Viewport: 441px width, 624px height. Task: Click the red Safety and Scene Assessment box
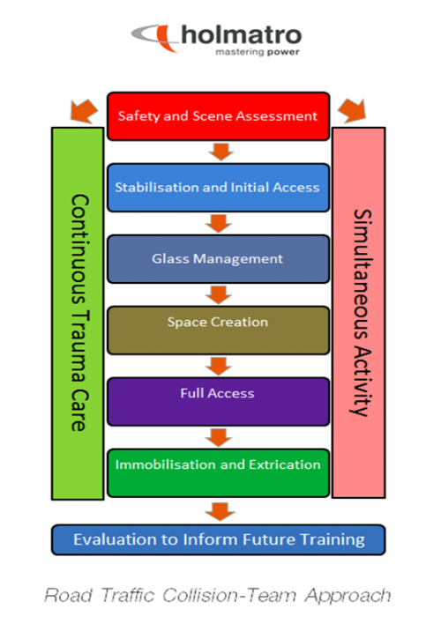click(217, 115)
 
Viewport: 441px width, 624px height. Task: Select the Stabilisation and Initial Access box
click(217, 187)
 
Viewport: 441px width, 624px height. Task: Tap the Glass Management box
click(217, 259)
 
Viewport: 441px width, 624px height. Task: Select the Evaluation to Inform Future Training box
click(219, 539)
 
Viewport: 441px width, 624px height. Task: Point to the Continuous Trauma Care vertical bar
click(78, 313)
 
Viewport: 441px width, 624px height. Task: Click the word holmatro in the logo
click(240, 35)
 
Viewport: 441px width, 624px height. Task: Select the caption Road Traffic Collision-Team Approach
click(219, 596)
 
